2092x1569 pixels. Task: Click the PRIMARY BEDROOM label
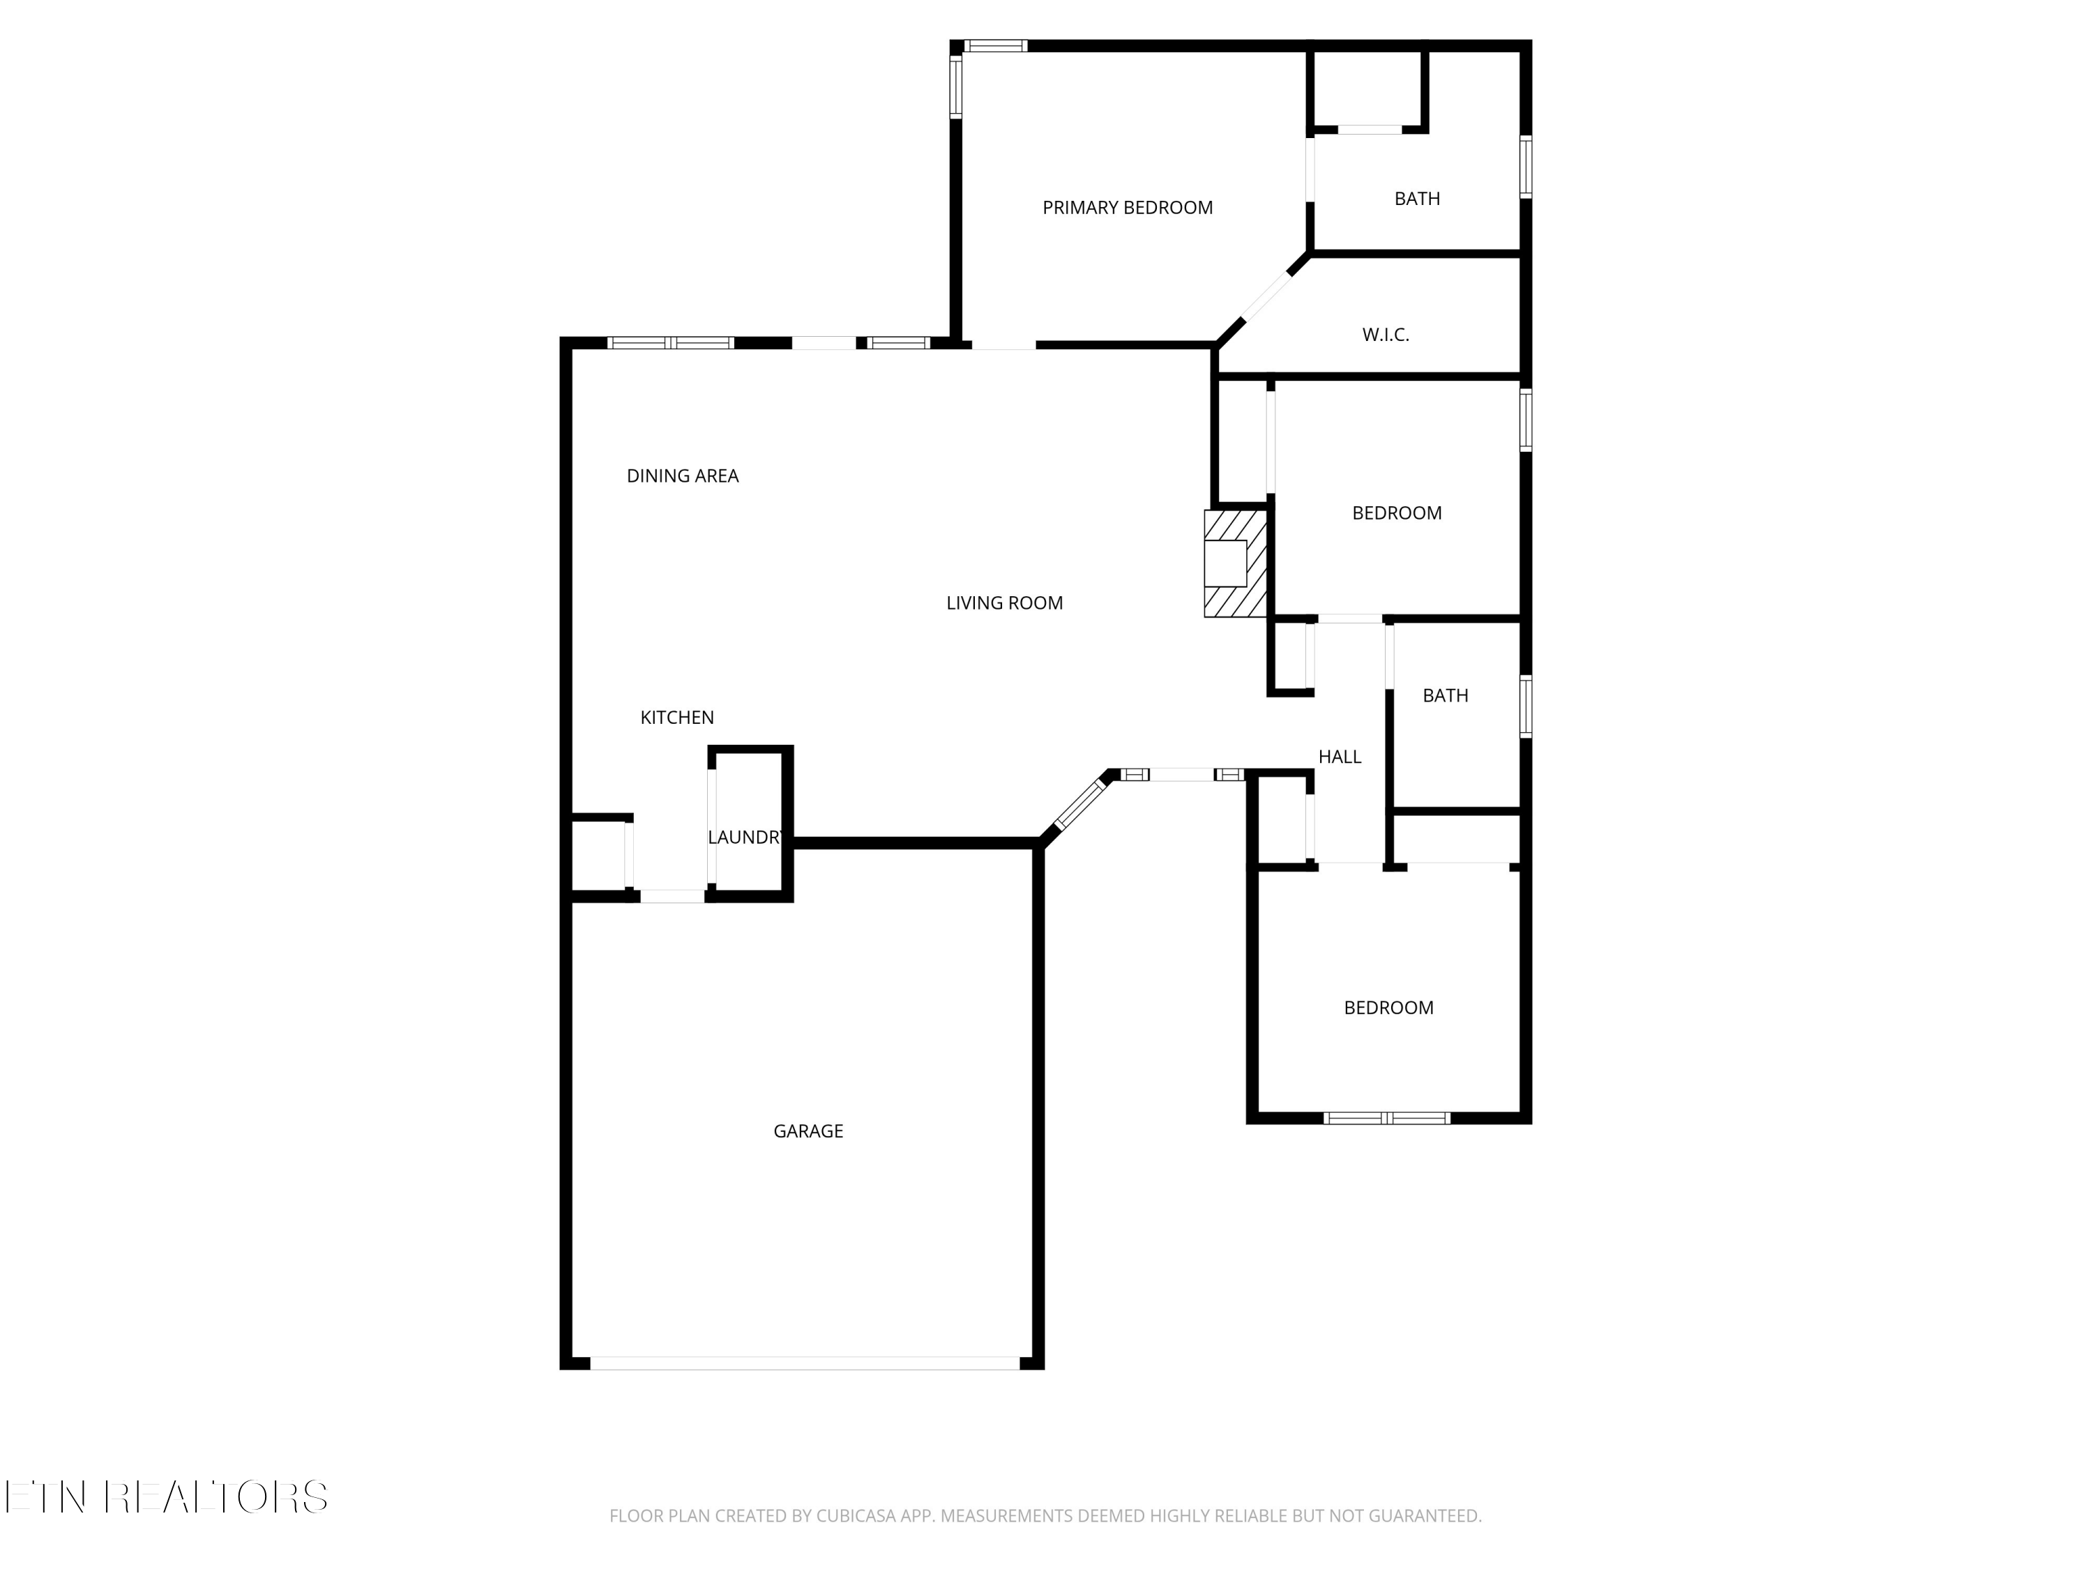pos(1128,208)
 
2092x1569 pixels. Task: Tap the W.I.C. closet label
pos(1386,335)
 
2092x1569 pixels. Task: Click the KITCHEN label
pos(677,718)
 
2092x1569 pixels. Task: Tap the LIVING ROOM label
pos(1004,603)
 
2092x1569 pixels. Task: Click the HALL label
pos(1339,757)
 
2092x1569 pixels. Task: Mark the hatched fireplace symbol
pos(1234,563)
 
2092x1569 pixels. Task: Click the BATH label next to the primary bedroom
pos(1417,199)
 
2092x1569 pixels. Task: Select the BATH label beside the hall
pos(1445,696)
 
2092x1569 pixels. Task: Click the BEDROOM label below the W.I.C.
pos(1396,513)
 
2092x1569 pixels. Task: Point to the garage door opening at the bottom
pos(804,1363)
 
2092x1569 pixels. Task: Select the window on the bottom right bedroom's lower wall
pos(1386,1118)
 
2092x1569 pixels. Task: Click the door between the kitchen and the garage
pos(672,895)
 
